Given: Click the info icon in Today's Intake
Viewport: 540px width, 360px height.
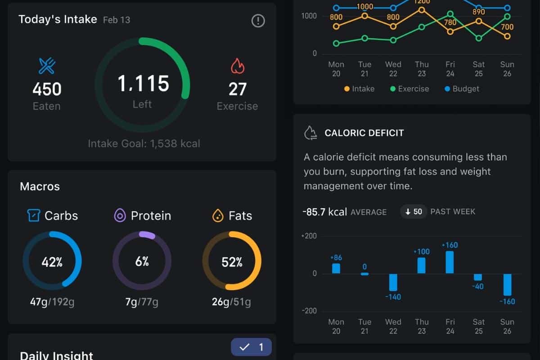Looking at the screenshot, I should [x=258, y=21].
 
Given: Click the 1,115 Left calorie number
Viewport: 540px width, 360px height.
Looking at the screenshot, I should [x=143, y=84].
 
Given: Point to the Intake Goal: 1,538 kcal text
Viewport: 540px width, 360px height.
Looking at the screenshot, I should [x=144, y=144].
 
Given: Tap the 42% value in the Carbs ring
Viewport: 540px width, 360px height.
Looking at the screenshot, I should [x=52, y=261].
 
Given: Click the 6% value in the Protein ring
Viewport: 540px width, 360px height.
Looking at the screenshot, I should [x=142, y=261].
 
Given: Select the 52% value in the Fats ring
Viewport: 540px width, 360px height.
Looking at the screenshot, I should [x=232, y=261].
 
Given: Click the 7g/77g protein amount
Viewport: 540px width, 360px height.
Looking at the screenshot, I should [x=142, y=301].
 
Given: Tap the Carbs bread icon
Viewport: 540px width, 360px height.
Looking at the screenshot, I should [x=34, y=216].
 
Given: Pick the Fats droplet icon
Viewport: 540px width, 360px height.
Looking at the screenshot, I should [x=218, y=216].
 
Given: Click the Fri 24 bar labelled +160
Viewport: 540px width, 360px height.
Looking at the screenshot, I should [x=450, y=262].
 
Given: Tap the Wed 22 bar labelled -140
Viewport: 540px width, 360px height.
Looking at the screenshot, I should [x=393, y=282].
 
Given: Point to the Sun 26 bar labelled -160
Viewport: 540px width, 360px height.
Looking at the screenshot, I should [x=507, y=284].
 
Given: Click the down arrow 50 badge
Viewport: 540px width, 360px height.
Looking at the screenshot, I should [x=414, y=211].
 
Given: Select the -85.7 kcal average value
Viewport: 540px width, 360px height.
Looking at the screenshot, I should [x=324, y=211].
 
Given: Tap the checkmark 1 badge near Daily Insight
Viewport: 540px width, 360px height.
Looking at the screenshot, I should [x=251, y=347].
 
